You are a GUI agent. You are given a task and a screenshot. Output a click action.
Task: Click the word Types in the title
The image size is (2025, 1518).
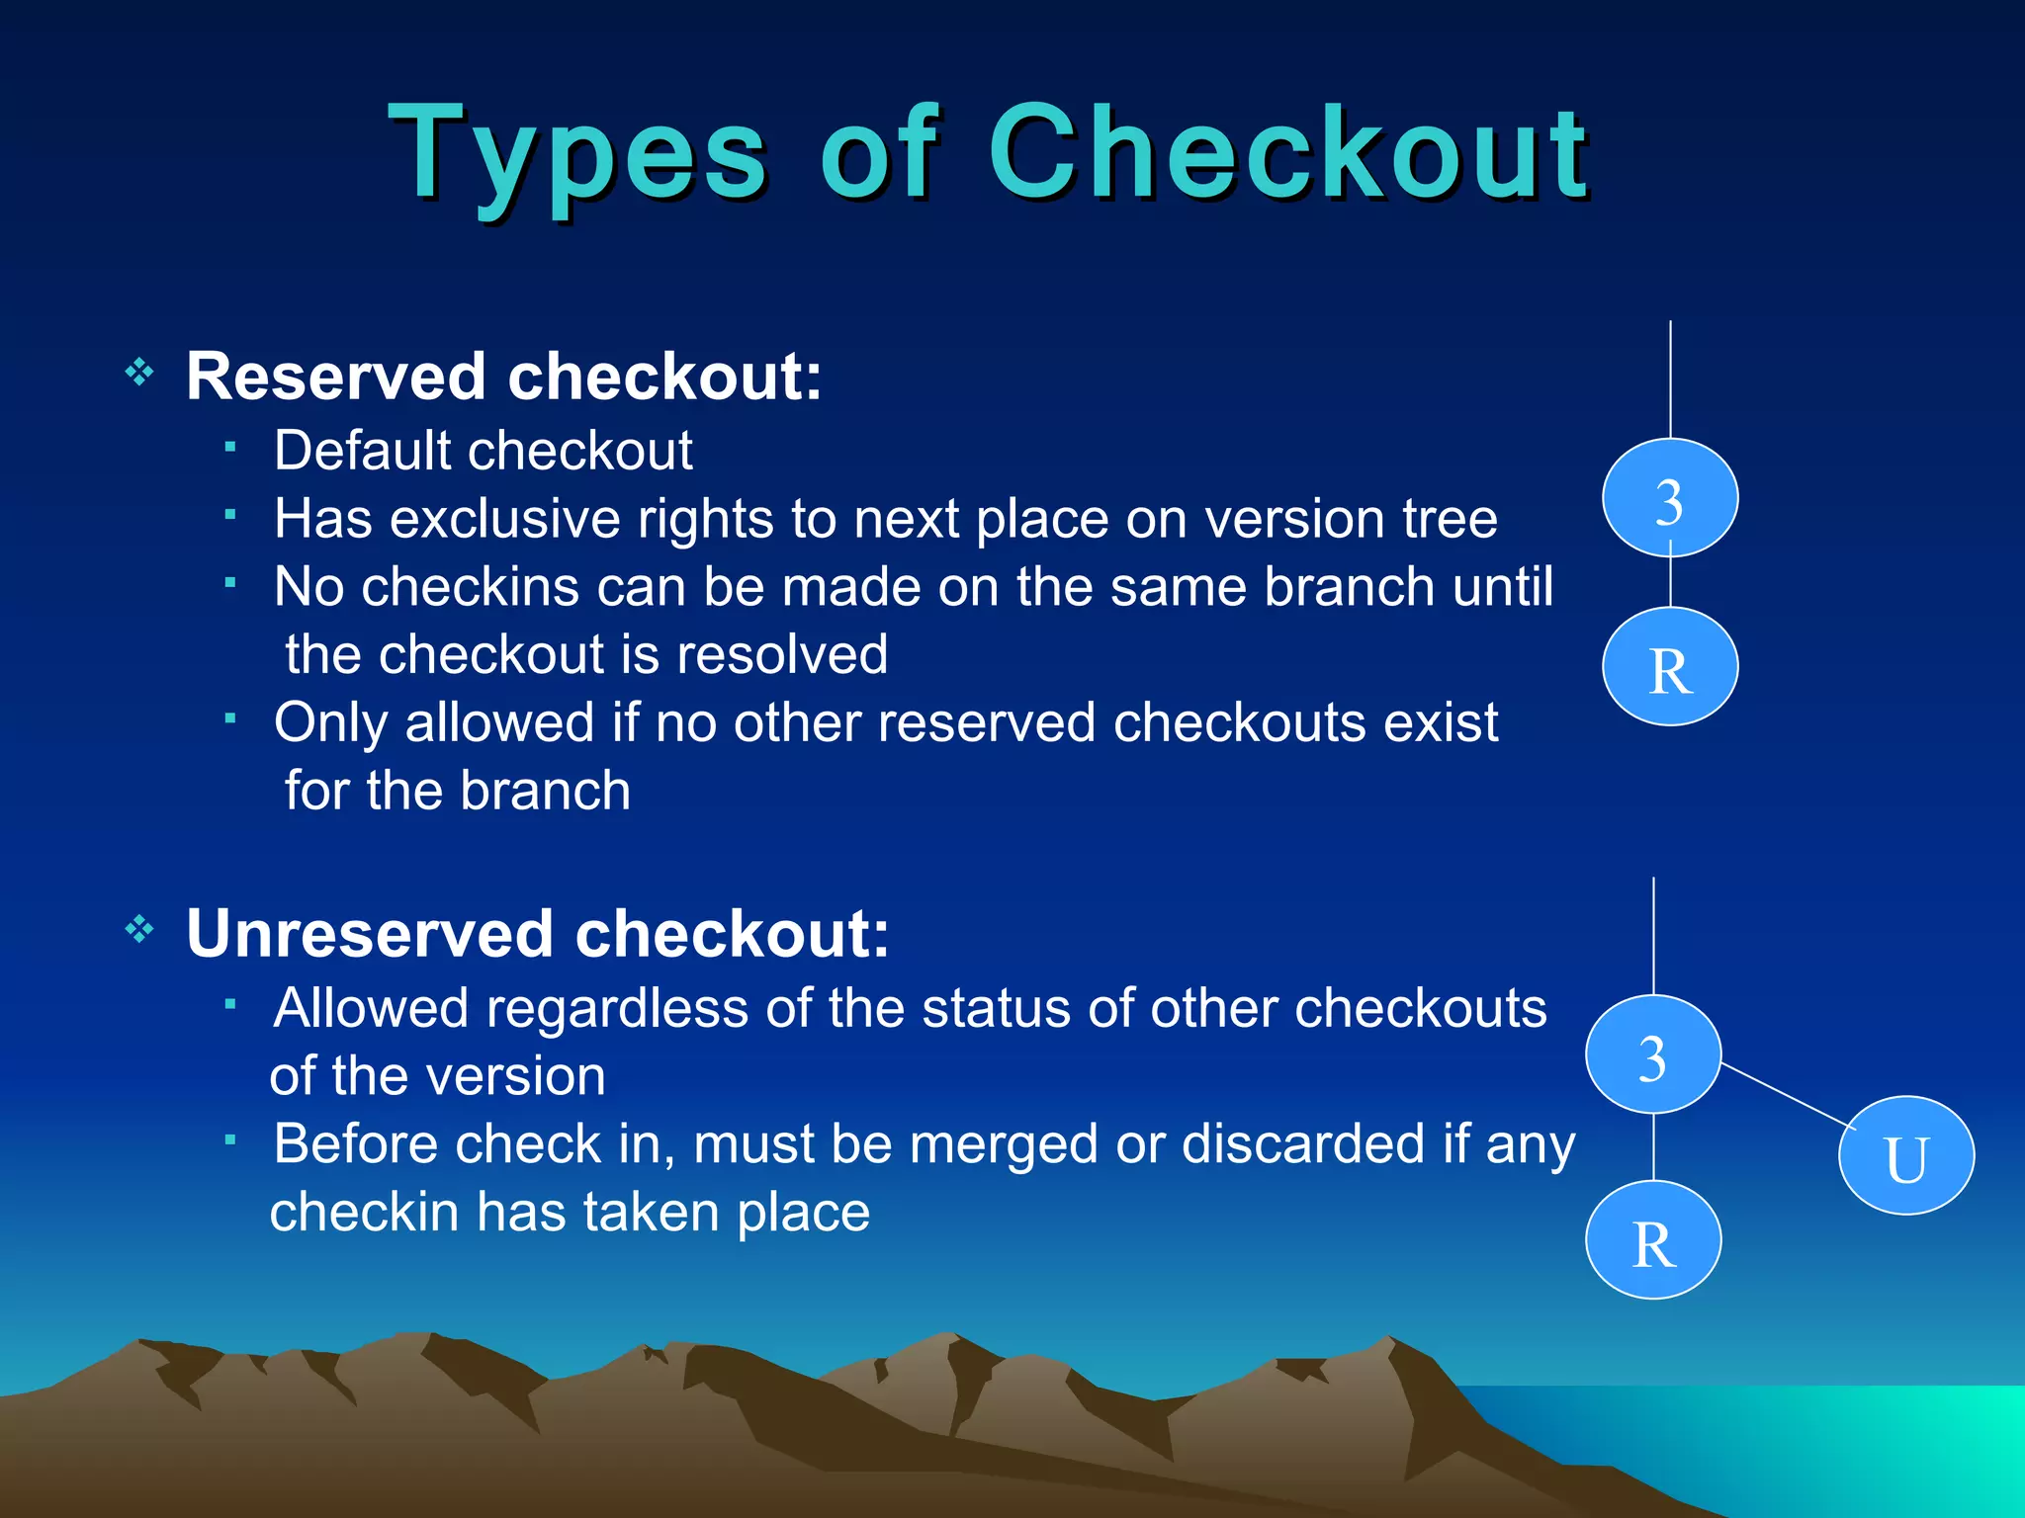pos(577,156)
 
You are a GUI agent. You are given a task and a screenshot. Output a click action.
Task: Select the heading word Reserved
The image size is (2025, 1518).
pos(336,377)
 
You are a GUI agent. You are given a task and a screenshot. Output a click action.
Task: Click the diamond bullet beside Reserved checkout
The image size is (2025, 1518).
pos(139,373)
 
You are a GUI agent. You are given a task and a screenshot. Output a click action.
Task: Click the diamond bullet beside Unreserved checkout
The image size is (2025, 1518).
pos(139,929)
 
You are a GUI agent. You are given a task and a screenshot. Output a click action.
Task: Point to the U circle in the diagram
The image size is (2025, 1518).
pos(1906,1155)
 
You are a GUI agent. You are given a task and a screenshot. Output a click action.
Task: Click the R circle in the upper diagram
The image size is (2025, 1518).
pos(1670,667)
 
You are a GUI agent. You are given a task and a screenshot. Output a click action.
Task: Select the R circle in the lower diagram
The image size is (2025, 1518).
pos(1653,1239)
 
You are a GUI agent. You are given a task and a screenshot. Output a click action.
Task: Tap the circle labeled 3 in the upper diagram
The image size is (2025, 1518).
pos(1670,498)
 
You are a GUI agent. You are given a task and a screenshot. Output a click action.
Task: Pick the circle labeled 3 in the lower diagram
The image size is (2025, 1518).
pos(1653,1054)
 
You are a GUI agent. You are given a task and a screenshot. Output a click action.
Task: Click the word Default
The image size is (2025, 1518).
pos(362,452)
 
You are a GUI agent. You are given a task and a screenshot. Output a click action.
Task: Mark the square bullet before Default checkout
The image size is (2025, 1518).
pos(229,448)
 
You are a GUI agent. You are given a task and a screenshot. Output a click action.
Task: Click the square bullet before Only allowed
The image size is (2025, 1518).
pos(229,718)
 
